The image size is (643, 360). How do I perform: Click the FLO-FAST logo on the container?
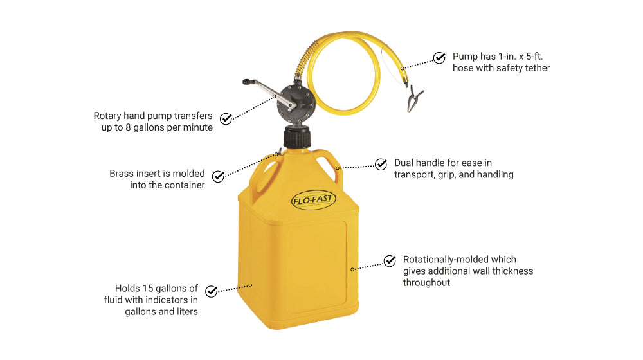pos(313,199)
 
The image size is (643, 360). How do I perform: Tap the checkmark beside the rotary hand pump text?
pos(226,118)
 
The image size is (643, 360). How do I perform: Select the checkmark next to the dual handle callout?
pos(381,164)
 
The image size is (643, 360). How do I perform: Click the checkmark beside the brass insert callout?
pos(218,175)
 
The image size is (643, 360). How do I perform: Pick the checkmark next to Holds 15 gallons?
pos(210,291)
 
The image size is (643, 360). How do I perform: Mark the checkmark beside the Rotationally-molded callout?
pos(390,260)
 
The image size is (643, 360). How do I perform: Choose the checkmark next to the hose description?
pos(439,58)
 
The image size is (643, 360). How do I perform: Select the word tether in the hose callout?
pos(536,68)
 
